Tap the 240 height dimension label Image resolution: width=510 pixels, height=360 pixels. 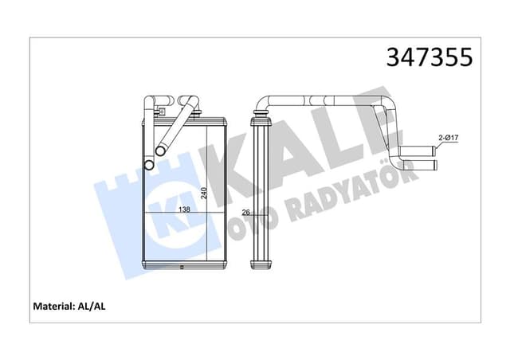[x=205, y=194]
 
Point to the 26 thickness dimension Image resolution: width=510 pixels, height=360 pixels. [x=245, y=212]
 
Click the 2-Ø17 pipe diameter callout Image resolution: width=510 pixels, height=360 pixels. [x=448, y=139]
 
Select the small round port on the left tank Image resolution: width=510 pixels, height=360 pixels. [x=148, y=164]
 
